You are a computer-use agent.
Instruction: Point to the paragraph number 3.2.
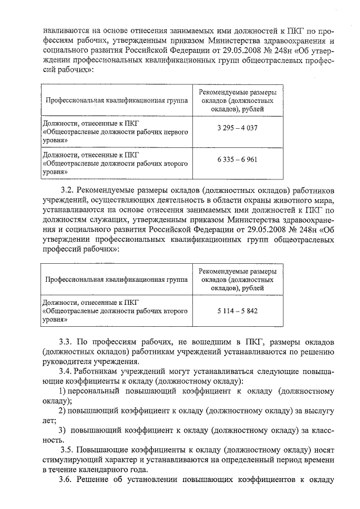pos(66,188)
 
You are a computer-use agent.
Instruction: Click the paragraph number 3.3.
pos(66,341)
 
